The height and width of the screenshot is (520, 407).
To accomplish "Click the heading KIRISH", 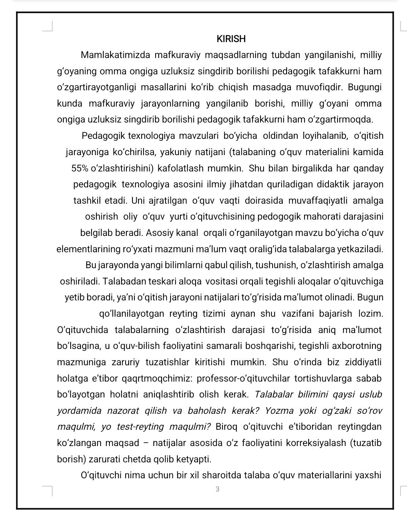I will click(231, 39).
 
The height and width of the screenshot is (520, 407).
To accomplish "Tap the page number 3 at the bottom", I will click(217, 489).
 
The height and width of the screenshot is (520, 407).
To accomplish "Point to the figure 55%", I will click(80, 168).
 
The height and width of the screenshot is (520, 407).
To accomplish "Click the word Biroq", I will click(227, 427).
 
